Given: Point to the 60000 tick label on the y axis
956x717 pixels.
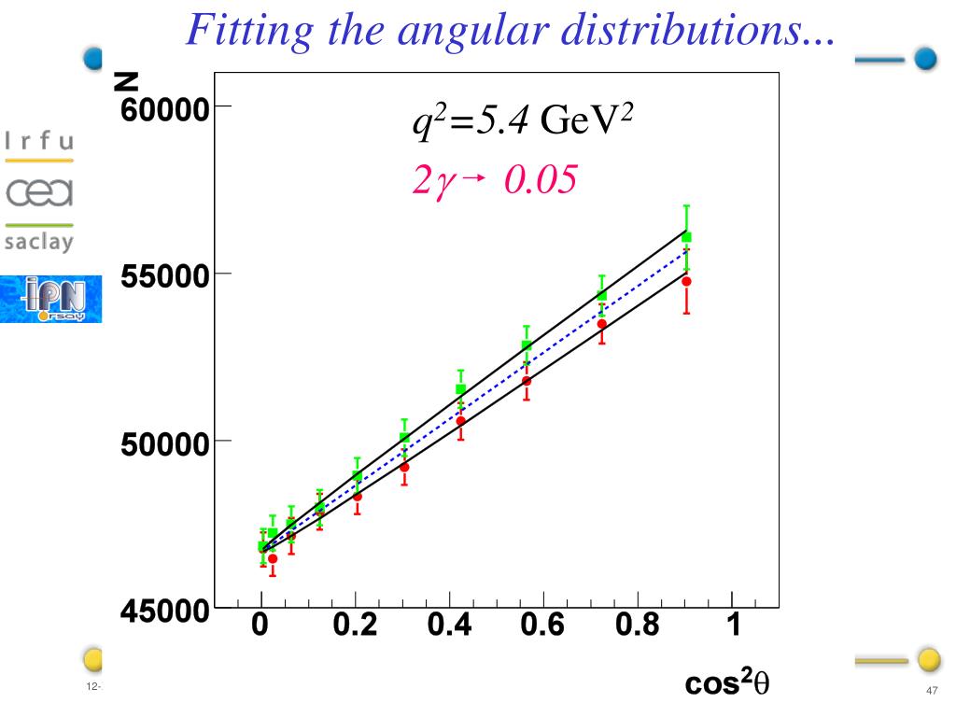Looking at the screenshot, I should click(164, 109).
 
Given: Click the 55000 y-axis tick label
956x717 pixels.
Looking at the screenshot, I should click(164, 277).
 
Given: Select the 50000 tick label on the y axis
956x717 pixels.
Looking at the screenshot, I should click(164, 443).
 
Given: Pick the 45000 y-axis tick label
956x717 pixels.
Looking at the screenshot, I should click(164, 612).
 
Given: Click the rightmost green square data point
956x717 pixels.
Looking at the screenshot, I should click(686, 237).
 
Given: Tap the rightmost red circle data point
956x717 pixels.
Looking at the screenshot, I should click(686, 281).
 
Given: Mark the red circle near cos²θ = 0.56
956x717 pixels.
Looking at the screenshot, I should click(527, 381).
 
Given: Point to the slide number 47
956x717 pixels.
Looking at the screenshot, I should click(931, 690).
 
